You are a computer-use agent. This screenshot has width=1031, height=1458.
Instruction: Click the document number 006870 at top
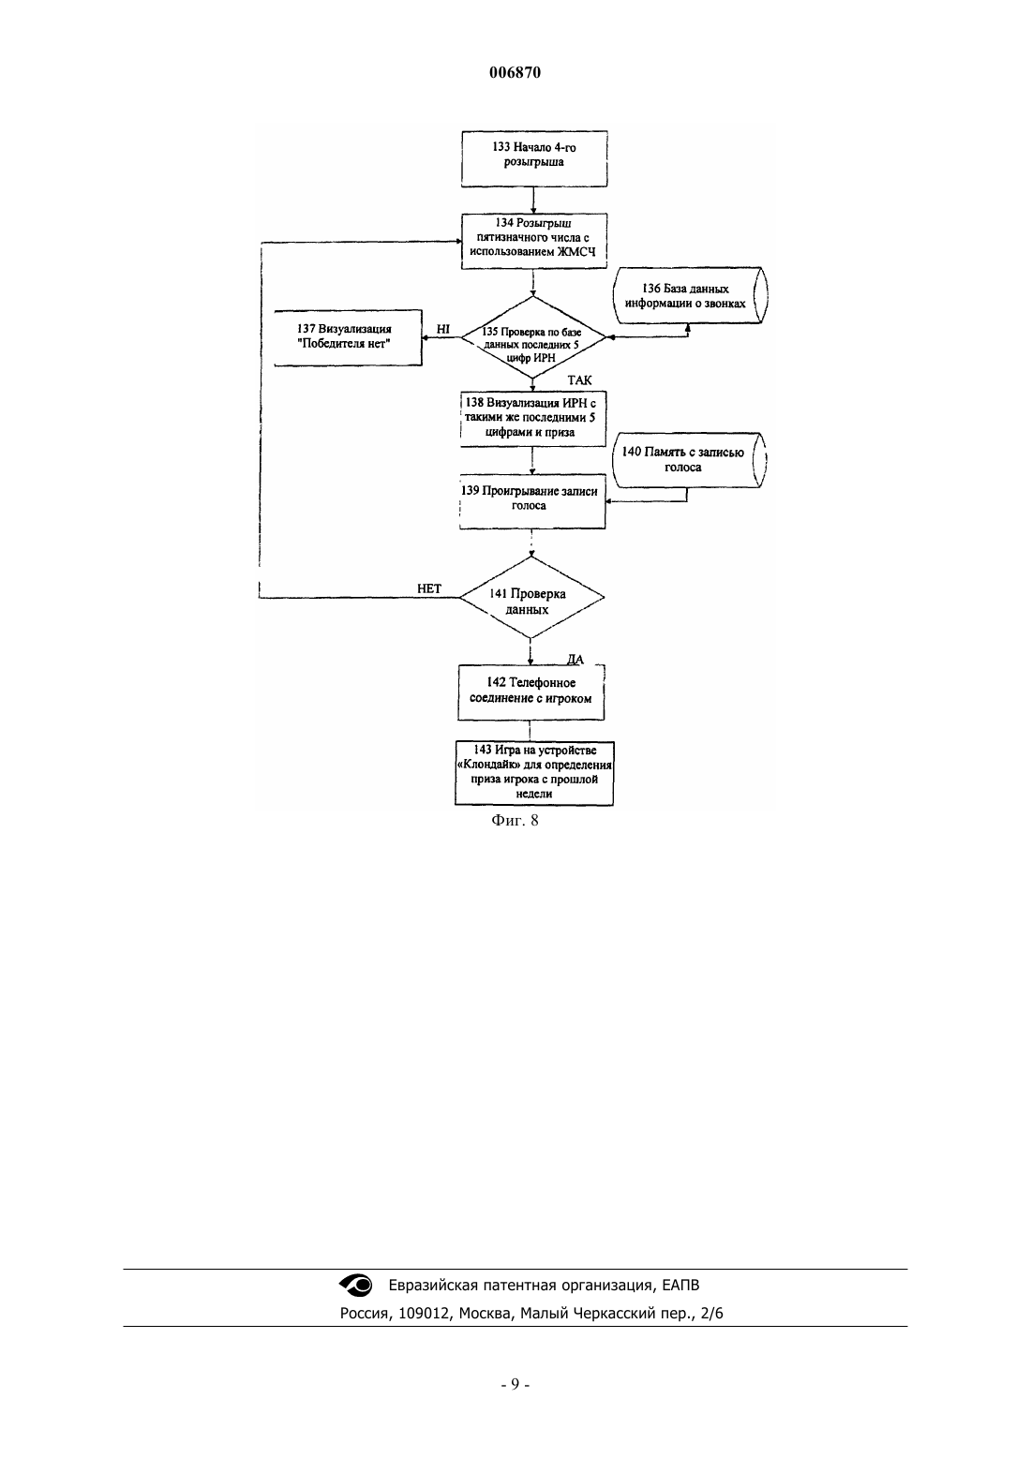(515, 72)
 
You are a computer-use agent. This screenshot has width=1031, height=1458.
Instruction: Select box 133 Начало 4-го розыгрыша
(534, 158)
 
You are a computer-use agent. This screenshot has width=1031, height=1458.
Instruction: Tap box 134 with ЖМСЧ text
(534, 241)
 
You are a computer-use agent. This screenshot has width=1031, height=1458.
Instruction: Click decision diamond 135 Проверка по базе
(533, 337)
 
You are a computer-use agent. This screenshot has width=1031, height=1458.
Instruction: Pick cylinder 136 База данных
(690, 295)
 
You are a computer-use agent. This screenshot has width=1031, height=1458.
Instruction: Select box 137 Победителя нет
(348, 338)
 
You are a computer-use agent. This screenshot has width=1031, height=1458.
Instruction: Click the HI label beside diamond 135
(442, 329)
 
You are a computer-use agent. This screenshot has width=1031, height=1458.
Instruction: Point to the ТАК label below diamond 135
(579, 380)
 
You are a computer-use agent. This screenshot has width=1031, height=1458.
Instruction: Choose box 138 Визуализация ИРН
(533, 419)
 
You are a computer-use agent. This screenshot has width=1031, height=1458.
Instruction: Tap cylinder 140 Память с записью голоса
(689, 459)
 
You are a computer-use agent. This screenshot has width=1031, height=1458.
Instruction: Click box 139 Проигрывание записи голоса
(532, 501)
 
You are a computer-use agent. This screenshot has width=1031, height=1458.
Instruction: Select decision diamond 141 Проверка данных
(531, 597)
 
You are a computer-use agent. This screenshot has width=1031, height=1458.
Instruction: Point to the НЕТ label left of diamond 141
(429, 589)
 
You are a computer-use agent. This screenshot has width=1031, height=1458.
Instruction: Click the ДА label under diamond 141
(575, 660)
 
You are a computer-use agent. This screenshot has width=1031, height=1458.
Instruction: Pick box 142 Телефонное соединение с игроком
(531, 692)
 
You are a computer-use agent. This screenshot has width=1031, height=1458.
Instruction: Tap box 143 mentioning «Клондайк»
(534, 773)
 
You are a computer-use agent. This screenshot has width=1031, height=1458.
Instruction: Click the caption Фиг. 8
(515, 820)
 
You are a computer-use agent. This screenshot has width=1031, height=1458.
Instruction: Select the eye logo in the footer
(355, 1285)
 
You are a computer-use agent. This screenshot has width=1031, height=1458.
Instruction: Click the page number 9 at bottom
(515, 1384)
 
